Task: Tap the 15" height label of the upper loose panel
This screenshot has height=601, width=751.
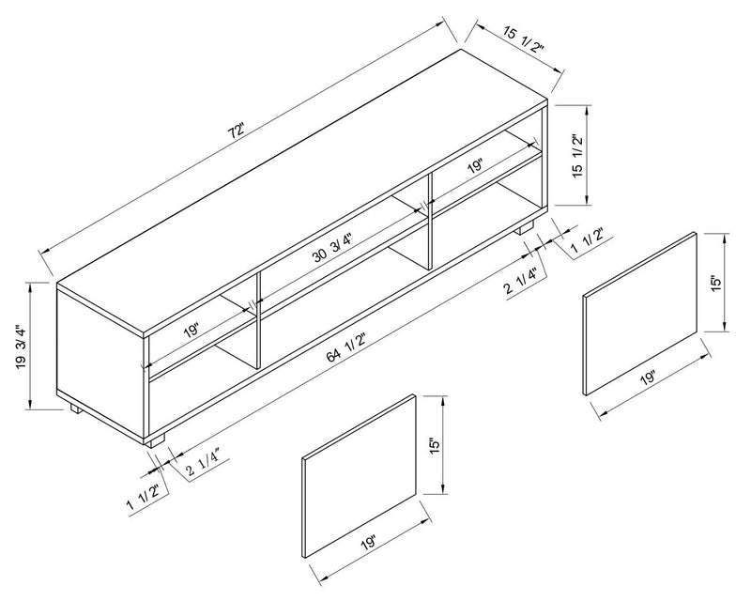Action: (x=714, y=282)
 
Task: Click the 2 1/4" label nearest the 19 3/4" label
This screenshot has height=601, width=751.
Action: (x=203, y=458)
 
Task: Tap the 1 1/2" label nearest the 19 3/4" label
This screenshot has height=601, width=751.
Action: (x=144, y=489)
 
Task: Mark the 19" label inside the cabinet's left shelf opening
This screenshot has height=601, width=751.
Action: (x=192, y=331)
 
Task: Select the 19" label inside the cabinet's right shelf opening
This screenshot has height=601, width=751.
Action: (x=475, y=165)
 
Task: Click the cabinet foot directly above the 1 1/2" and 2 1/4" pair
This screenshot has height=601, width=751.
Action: (x=156, y=439)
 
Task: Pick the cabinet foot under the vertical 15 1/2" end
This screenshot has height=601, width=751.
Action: (x=527, y=228)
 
